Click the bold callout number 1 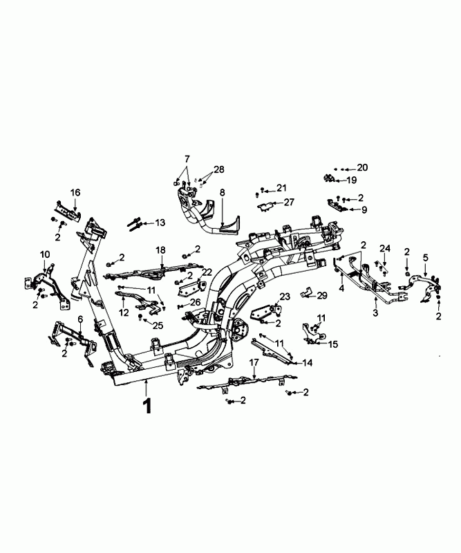147,406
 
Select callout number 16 75,191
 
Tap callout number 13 160,223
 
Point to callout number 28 219,170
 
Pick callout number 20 363,168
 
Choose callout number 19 351,180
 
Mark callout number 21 281,188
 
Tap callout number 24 385,248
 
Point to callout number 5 426,258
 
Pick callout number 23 283,297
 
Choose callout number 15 333,344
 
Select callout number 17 254,362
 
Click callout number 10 45,255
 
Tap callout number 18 160,250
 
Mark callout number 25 158,325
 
